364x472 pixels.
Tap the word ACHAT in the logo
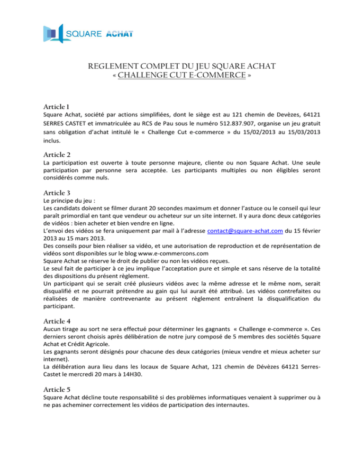[119, 34]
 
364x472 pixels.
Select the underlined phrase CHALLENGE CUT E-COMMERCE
[182, 75]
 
